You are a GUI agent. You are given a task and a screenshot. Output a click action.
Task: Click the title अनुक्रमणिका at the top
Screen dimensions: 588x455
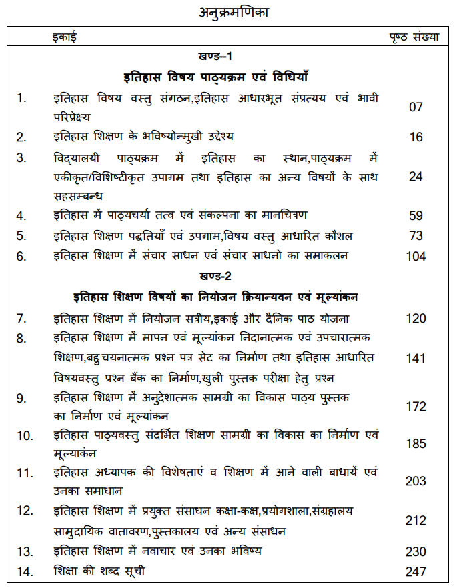227,11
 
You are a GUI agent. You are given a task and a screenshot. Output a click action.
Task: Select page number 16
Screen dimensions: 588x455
416,137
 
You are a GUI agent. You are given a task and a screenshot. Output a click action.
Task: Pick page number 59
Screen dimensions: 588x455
416,216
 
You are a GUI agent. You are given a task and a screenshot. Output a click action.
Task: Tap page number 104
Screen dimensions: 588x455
416,256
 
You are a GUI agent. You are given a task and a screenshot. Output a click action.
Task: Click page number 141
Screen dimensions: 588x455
416,359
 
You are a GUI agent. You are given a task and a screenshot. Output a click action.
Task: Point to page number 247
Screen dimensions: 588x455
416,571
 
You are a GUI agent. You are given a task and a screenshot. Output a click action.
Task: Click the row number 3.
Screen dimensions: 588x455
21,159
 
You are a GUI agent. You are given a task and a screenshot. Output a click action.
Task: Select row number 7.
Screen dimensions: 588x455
21,319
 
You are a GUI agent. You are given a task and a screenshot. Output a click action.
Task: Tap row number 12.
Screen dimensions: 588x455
24,511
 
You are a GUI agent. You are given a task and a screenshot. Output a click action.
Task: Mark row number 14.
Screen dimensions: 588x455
24,571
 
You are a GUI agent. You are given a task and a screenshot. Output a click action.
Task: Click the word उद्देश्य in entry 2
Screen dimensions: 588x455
211,137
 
